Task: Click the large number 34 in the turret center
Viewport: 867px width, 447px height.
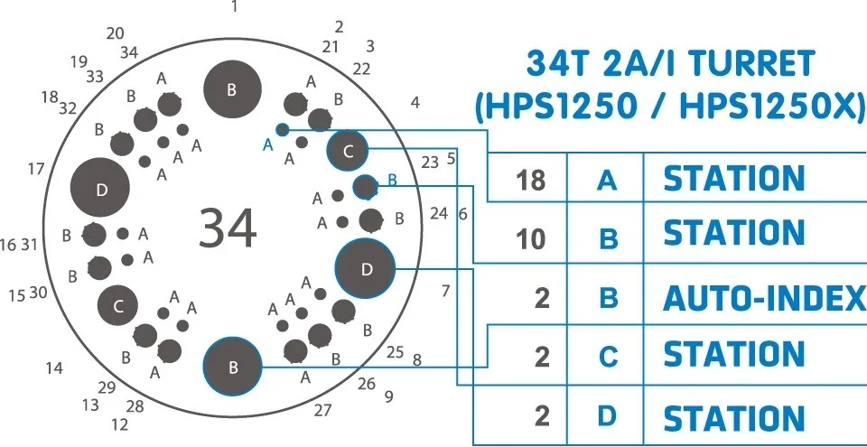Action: coord(228,228)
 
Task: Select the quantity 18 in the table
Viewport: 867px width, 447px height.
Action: coord(530,180)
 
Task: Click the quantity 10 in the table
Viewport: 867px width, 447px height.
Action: coord(530,239)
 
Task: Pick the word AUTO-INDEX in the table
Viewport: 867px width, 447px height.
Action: coord(764,298)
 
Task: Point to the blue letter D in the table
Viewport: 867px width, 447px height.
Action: coord(608,415)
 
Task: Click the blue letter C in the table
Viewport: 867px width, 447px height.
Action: coord(608,357)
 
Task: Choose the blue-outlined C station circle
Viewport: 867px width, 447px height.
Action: coord(347,151)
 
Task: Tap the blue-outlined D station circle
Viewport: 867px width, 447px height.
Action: coord(366,269)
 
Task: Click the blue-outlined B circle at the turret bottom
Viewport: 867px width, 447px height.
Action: coord(232,367)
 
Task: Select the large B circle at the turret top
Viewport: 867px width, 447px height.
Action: coord(232,89)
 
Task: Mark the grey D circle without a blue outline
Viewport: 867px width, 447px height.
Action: coord(100,187)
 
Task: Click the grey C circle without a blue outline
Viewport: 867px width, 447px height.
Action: coord(117,305)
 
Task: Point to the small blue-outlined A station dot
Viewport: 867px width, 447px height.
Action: coord(283,130)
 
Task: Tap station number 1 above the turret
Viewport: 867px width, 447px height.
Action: coord(235,6)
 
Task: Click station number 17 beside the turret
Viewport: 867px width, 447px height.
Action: coord(36,169)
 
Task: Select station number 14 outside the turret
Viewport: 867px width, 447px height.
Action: coord(54,368)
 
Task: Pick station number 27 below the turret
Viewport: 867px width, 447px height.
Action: coord(323,411)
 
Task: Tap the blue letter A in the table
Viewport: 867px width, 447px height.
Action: coord(607,180)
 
